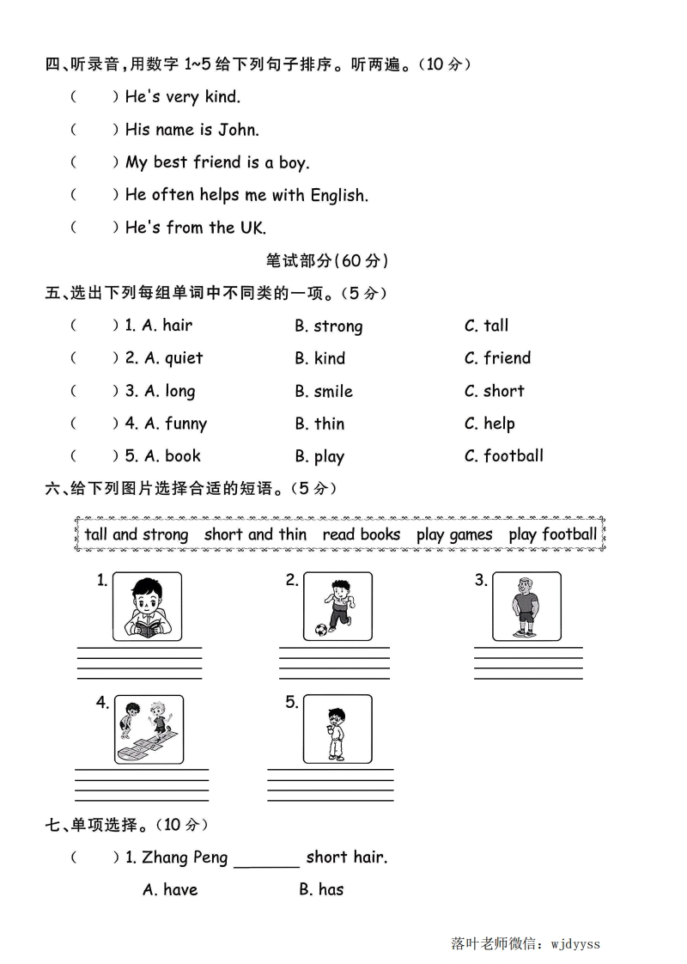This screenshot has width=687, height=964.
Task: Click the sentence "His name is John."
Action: (x=192, y=130)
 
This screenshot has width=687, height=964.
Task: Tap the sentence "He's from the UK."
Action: (x=195, y=228)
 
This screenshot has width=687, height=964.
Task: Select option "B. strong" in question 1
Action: (x=328, y=326)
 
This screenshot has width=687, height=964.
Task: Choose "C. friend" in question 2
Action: (x=497, y=358)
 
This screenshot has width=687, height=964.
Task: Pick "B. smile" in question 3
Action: (x=323, y=391)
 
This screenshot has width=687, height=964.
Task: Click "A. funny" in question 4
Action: (x=175, y=424)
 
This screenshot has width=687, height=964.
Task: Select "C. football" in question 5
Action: (x=503, y=456)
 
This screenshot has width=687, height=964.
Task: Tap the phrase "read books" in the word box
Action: (x=362, y=534)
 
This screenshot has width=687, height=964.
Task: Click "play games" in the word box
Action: (x=454, y=534)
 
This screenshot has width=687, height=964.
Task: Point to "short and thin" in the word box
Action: (x=255, y=534)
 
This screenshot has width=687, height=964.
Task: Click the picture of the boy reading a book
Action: (x=147, y=607)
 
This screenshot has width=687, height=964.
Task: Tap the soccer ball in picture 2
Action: (x=320, y=630)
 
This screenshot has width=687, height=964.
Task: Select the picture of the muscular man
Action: (x=526, y=607)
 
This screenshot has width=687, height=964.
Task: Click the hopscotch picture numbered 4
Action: (x=149, y=729)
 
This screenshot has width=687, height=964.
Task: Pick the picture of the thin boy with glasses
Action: (x=337, y=729)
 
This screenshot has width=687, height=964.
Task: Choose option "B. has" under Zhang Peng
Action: (x=321, y=889)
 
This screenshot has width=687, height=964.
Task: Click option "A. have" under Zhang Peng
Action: (x=170, y=889)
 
